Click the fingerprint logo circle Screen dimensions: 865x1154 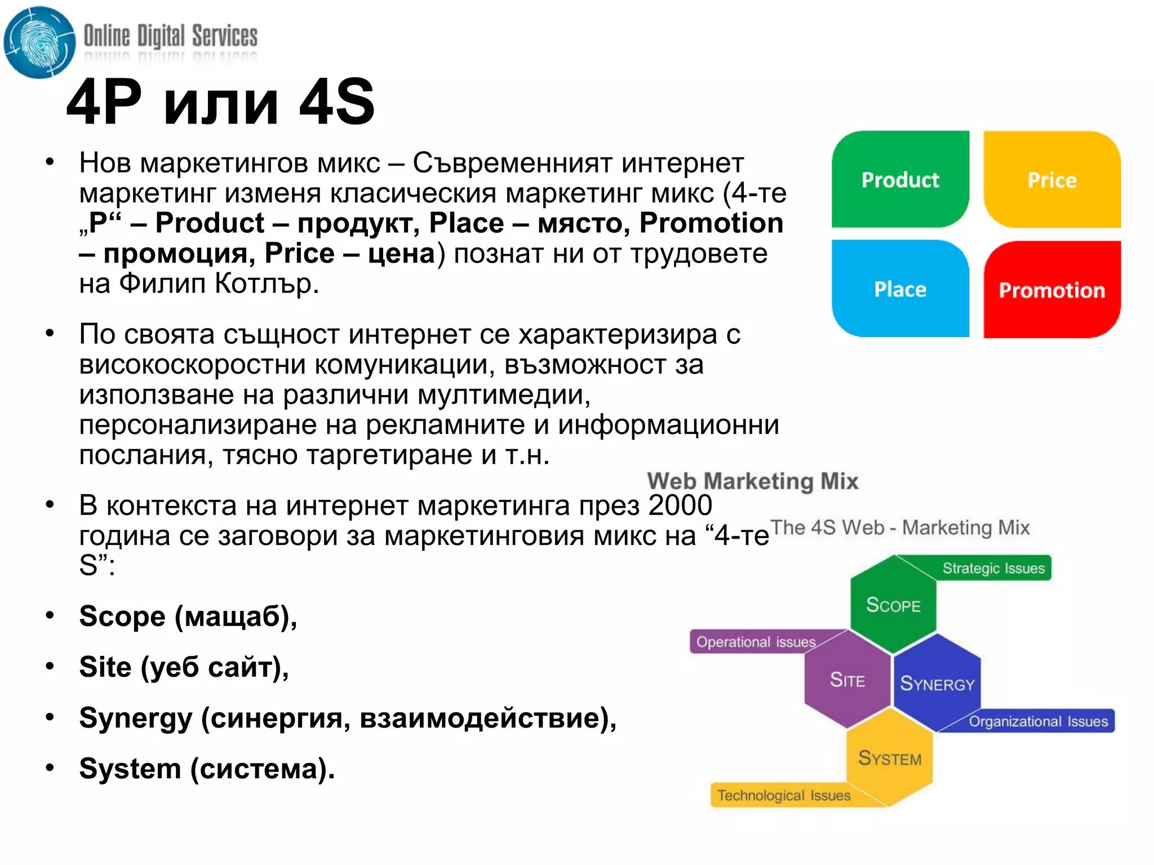coord(39,43)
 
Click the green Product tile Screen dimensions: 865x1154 coord(900,180)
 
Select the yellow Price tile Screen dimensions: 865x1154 coord(1051,180)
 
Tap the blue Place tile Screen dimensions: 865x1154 coord(900,289)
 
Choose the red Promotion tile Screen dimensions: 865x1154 coord(1051,290)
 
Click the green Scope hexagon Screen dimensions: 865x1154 coord(893,605)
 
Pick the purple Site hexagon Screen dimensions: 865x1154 coord(847,680)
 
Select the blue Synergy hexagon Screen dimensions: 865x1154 coord(936,683)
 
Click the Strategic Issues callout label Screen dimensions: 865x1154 coord(993,568)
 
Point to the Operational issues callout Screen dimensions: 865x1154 coord(755,642)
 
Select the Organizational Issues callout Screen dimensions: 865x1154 coord(1038,721)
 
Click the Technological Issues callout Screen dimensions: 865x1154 coord(783,795)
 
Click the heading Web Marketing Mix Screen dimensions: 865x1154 coord(752,481)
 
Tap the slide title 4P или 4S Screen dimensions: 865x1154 coord(220,102)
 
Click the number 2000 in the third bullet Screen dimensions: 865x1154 coord(680,505)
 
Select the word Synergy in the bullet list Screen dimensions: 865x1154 coord(136,718)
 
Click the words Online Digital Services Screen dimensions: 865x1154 coord(170,36)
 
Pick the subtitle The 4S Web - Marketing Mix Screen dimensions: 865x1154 coord(900,527)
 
